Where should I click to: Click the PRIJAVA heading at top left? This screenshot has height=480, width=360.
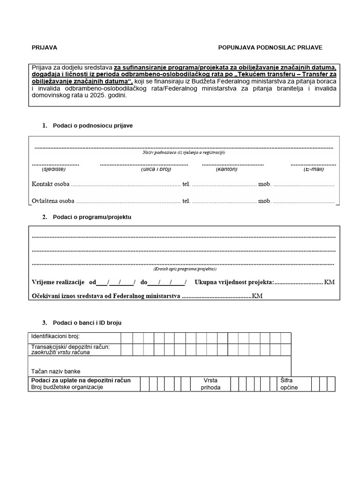(x=44, y=48)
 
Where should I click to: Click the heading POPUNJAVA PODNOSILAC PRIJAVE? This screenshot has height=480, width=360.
(x=270, y=48)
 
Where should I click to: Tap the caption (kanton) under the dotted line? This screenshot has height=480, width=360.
(x=226, y=169)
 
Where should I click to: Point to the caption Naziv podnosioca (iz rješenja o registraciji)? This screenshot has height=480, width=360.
(x=184, y=152)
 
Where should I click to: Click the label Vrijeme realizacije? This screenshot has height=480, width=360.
(x=58, y=282)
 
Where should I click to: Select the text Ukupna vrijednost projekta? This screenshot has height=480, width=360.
(x=234, y=282)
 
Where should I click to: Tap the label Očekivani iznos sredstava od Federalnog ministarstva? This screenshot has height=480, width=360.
(x=106, y=297)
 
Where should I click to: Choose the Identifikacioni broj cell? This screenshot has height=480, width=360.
(x=55, y=337)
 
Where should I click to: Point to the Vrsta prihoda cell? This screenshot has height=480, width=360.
(x=210, y=384)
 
